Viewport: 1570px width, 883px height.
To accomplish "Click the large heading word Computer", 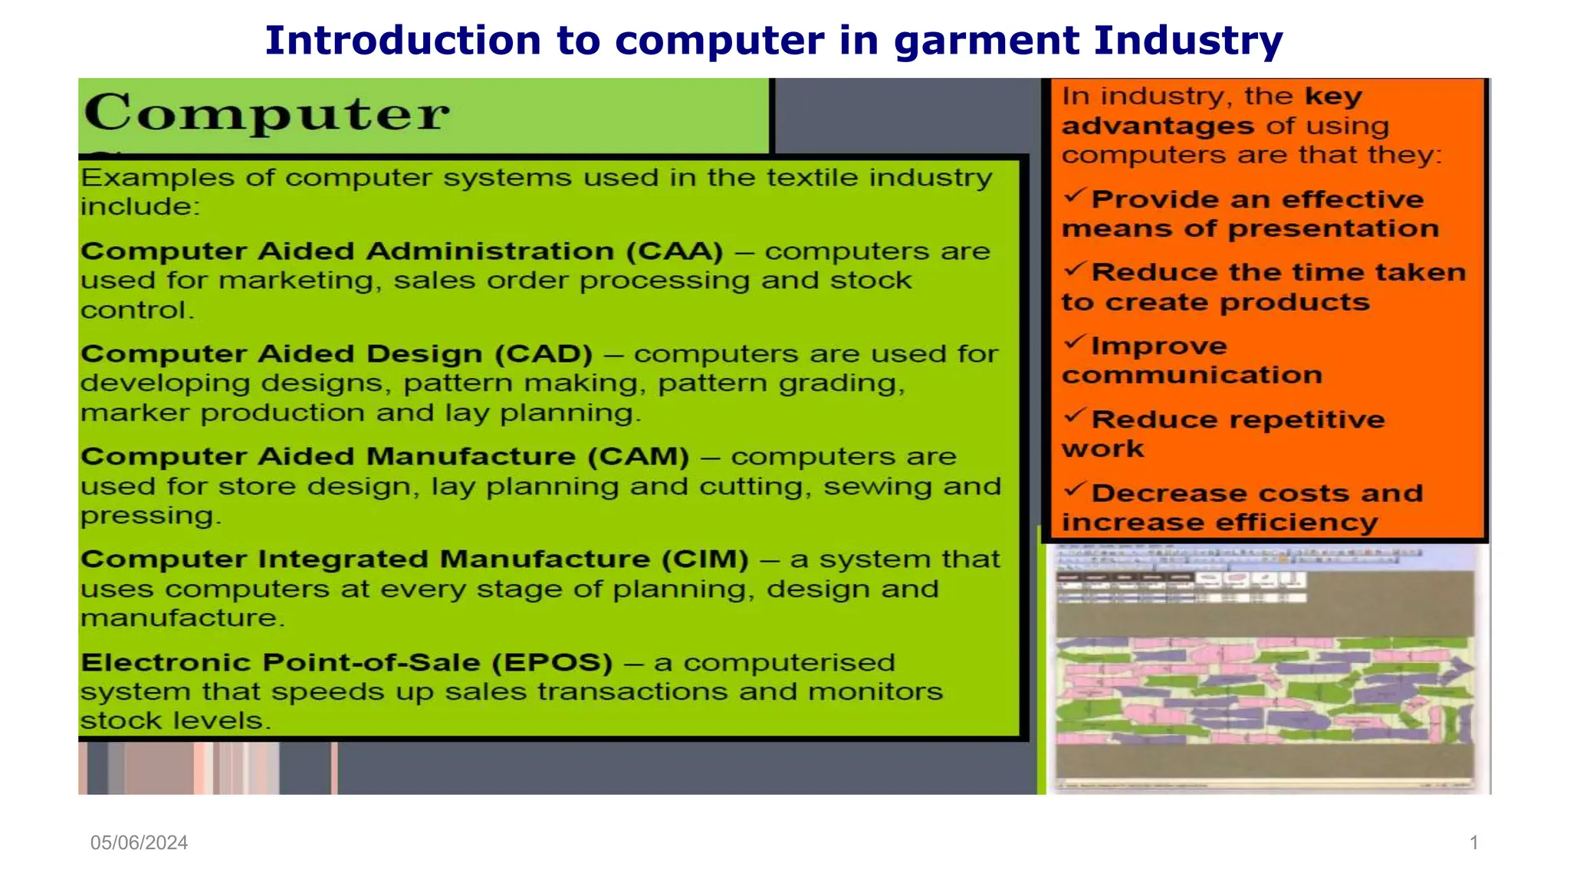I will [266, 113].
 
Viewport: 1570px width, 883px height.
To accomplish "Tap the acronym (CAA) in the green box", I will [674, 251].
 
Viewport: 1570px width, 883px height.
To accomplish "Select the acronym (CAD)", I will [544, 353].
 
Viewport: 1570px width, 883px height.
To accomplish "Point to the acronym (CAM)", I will [639, 456].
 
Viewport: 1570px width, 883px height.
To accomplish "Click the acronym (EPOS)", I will [552, 662].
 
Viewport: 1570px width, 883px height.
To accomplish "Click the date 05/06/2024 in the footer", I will [139, 842].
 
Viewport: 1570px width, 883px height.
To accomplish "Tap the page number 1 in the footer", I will [1473, 842].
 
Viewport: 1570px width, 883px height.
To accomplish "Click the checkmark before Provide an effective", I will [1075, 196].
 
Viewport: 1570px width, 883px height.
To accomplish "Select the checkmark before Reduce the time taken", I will [1075, 269].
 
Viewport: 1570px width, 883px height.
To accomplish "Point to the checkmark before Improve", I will [1075, 342].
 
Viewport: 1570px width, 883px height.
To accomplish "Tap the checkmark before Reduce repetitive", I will [1075, 415].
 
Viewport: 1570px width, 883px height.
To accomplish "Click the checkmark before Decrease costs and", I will [1075, 489].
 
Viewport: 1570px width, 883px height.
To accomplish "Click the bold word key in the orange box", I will [1333, 97].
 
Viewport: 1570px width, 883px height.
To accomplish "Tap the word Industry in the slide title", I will [1188, 41].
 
